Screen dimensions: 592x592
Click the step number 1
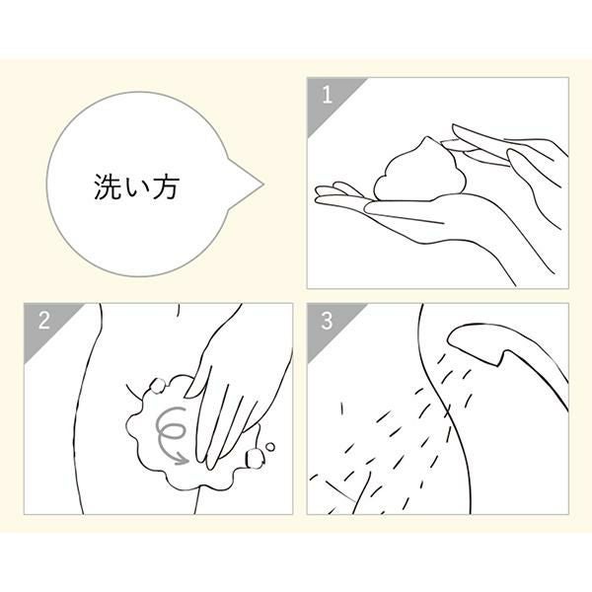327,94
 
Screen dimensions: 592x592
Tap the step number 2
44,320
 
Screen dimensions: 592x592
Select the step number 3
327,321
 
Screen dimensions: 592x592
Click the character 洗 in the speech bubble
108,186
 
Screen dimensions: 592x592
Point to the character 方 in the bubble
165,186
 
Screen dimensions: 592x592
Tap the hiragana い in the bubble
136,187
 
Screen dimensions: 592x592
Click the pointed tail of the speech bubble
261,185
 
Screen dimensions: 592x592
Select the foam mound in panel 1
419,172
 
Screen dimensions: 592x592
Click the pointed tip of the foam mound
427,137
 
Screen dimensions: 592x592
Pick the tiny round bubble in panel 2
270,447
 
